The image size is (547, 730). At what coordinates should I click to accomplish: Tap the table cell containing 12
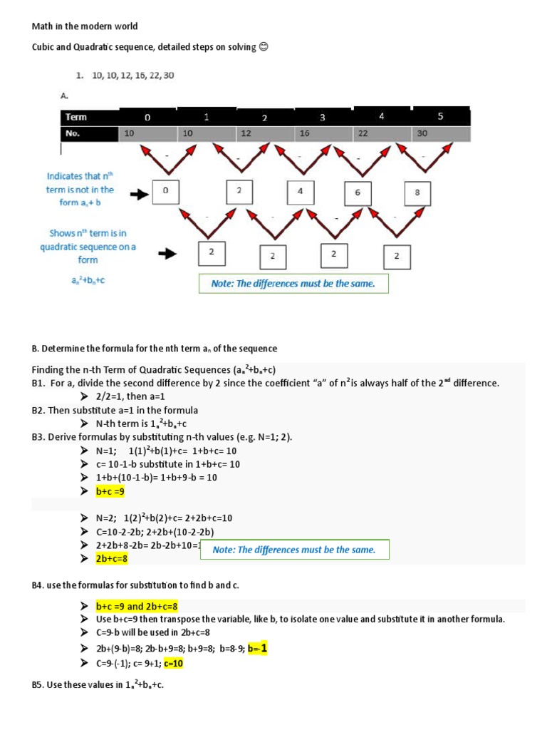coord(246,133)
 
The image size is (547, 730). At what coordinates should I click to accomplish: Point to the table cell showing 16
coord(304,133)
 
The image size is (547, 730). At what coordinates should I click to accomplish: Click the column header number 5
coord(440,116)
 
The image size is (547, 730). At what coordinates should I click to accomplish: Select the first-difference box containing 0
coord(165,191)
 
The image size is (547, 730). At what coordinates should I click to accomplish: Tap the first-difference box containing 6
coord(358,193)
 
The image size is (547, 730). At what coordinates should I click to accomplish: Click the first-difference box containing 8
coord(417,193)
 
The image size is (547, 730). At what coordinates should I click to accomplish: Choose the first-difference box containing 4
coord(301,192)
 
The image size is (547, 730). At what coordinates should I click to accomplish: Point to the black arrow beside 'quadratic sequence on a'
coord(167,253)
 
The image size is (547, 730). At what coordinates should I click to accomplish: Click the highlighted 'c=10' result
coord(174,664)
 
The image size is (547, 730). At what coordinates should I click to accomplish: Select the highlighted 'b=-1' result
coord(257,648)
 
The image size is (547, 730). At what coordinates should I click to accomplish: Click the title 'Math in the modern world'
coord(85,26)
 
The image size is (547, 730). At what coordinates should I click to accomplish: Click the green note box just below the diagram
coord(293,284)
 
